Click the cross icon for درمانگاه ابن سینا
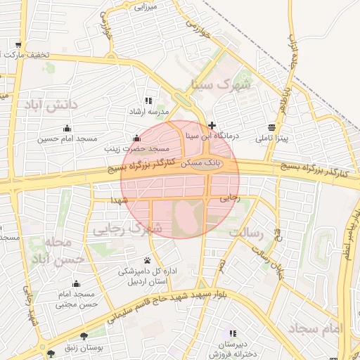[212, 124]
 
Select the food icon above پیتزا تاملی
[271, 127]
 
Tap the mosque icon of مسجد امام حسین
[67, 128]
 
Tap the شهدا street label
[117, 200]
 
